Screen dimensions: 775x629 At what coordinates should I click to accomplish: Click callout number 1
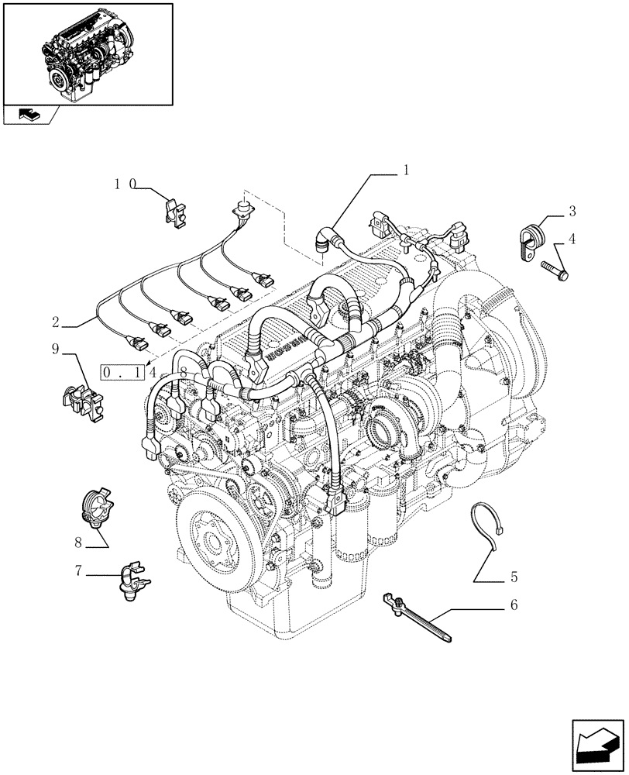(405, 170)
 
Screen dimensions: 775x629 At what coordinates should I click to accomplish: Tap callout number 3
(572, 211)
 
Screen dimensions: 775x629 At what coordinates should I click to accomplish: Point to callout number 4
(572, 239)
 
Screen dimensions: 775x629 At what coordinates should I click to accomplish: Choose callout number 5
(514, 577)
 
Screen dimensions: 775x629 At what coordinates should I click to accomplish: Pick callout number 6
(513, 605)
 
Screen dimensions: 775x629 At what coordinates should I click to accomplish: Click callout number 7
(78, 571)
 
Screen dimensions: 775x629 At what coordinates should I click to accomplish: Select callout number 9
(56, 350)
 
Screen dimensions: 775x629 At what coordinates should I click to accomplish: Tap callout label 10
(124, 184)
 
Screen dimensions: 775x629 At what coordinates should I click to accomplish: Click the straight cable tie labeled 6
(418, 618)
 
